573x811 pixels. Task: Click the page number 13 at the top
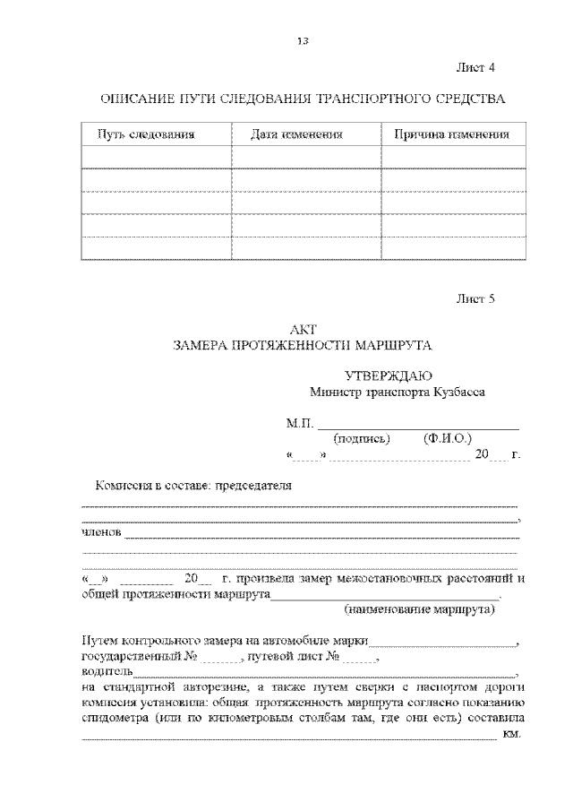point(303,40)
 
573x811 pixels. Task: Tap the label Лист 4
point(475,68)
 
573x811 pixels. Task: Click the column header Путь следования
point(146,134)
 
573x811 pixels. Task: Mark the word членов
point(101,536)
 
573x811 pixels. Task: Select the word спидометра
point(114,719)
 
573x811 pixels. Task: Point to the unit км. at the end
point(512,735)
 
